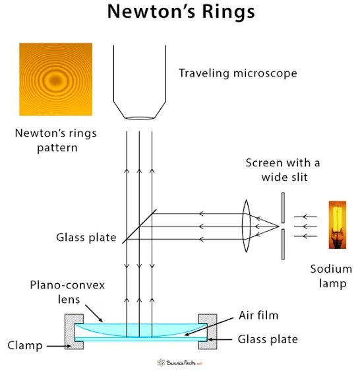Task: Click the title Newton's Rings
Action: (181, 12)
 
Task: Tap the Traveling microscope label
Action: (238, 73)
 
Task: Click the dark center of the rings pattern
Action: (56, 81)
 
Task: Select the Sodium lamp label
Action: (332, 276)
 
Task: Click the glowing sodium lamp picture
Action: (338, 224)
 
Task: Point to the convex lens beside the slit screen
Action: (246, 226)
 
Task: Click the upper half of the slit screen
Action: (283, 207)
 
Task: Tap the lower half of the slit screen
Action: (283, 244)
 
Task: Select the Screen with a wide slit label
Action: (283, 170)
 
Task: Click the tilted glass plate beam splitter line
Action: (139, 226)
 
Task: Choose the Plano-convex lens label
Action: (67, 292)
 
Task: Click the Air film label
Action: (258, 316)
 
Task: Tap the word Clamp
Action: (25, 345)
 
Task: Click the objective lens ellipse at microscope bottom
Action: (140, 118)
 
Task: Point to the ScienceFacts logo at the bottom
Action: (179, 362)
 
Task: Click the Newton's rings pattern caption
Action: (56, 141)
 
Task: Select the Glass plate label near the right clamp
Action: (268, 339)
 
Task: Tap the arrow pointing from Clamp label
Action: (59, 346)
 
